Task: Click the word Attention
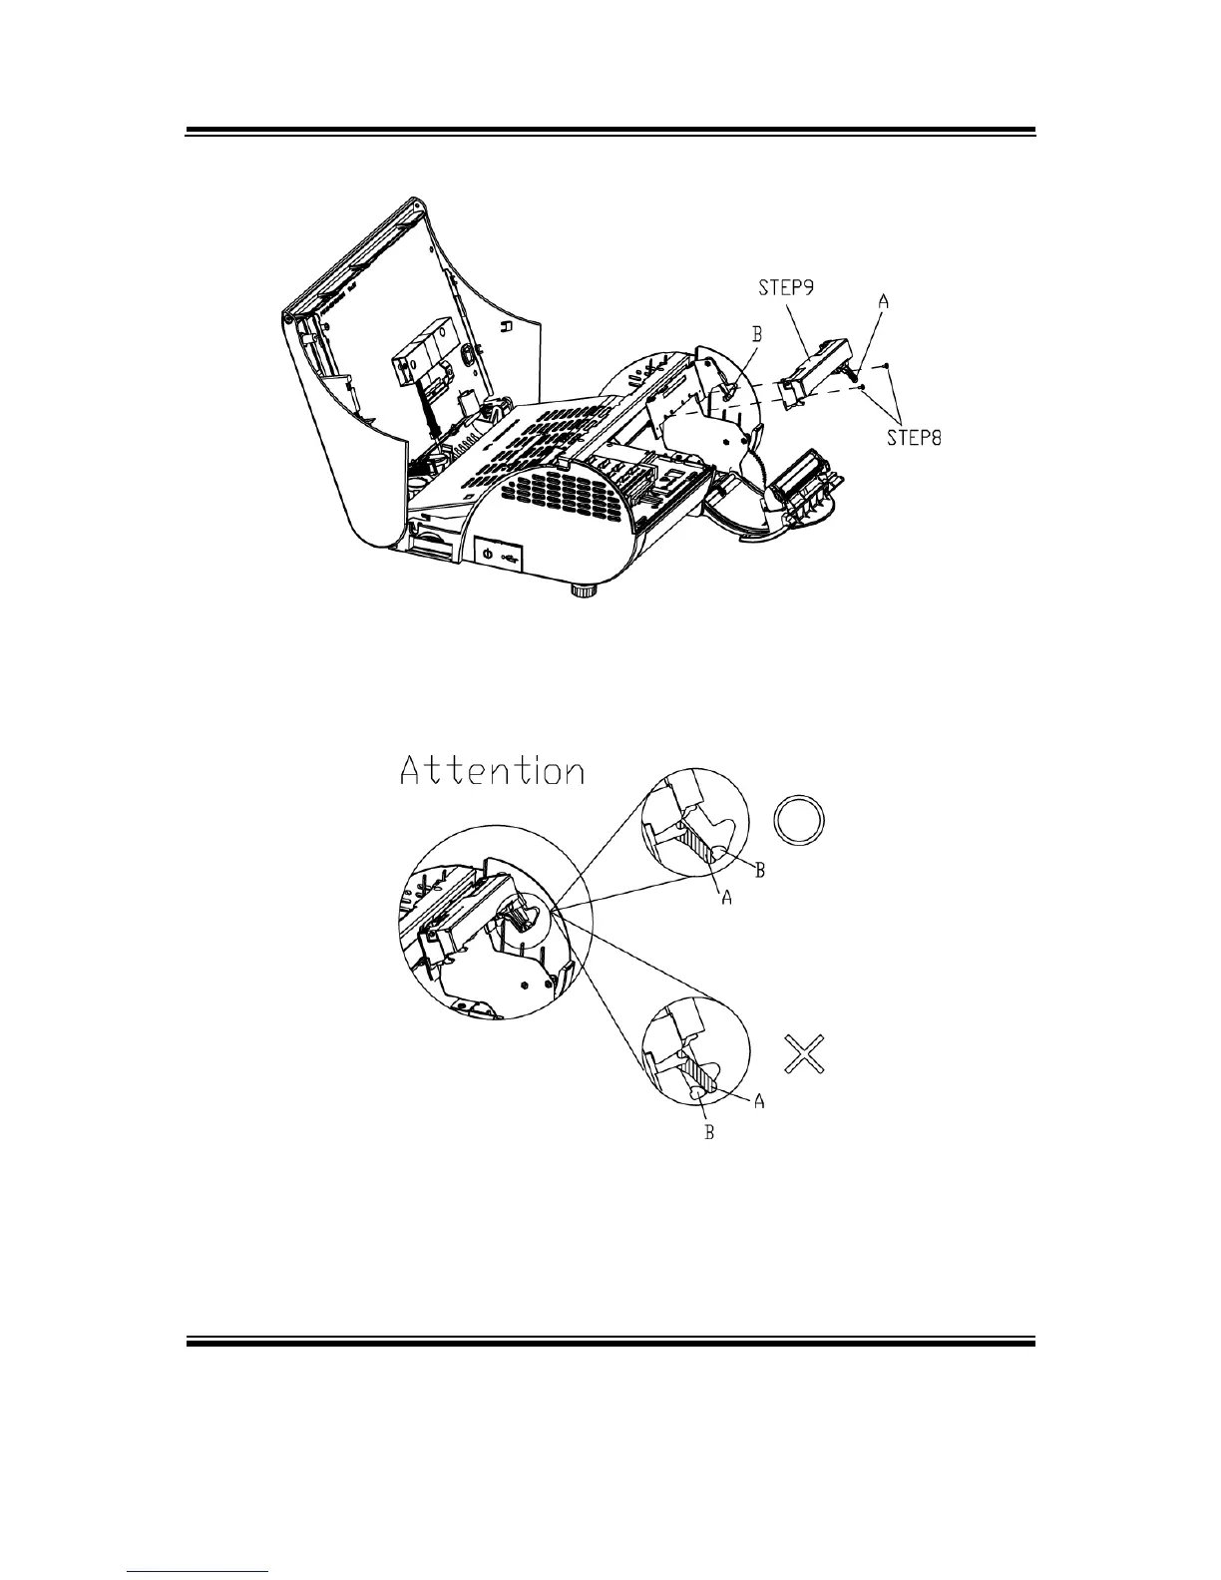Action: tap(491, 771)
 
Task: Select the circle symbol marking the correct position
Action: tap(800, 822)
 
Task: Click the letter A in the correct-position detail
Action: tap(727, 899)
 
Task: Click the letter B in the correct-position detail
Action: tap(759, 871)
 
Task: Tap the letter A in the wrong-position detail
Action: tap(759, 1101)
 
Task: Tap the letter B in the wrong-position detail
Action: tap(709, 1133)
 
